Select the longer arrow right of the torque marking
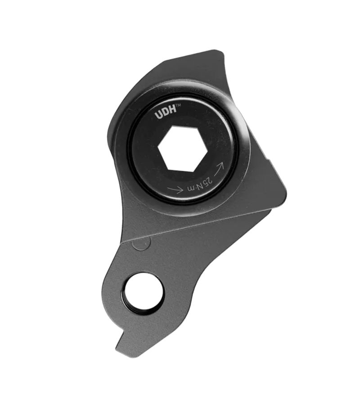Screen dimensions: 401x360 tap(219, 169)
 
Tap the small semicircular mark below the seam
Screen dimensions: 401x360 tap(141, 243)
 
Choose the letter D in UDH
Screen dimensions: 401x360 tap(165, 114)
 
